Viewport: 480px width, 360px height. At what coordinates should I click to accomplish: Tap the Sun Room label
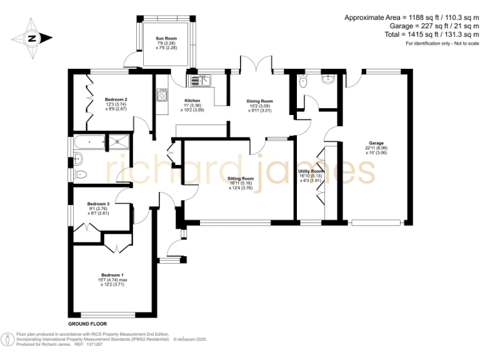[167, 39]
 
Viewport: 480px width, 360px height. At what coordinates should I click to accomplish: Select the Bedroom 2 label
[116, 100]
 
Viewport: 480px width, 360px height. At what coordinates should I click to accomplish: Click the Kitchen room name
[192, 101]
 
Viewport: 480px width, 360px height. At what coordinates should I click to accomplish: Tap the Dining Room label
[259, 101]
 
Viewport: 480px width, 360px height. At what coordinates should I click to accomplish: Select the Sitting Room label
[241, 179]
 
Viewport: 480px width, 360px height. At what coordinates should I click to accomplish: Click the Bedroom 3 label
[98, 204]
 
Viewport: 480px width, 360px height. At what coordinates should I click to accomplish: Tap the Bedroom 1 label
[113, 275]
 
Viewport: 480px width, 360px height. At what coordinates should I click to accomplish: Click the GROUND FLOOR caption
[87, 324]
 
